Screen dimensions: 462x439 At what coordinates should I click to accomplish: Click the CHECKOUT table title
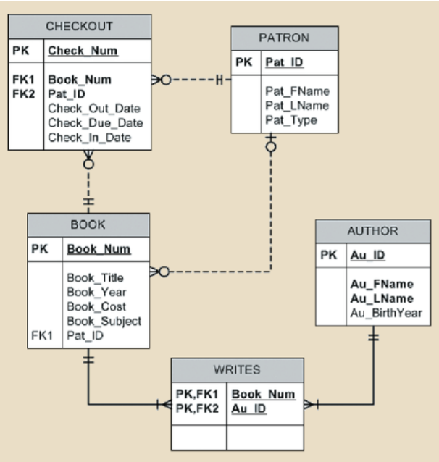(x=80, y=27)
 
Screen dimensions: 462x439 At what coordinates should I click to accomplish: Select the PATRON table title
(x=284, y=38)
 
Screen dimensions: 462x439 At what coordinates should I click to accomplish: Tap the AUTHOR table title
(x=372, y=231)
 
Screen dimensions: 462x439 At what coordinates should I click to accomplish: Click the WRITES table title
(x=237, y=369)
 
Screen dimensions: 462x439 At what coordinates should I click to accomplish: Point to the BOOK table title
(x=88, y=225)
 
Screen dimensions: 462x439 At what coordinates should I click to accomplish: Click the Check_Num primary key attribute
(x=83, y=51)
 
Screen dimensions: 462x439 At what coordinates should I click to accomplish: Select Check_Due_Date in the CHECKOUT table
(x=96, y=122)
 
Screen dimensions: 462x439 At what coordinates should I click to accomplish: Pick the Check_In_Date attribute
(x=90, y=137)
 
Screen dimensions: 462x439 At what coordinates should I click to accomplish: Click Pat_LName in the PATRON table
(x=297, y=106)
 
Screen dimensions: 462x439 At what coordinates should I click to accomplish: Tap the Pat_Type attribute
(x=291, y=120)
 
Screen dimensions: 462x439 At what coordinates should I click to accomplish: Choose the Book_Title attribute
(x=96, y=277)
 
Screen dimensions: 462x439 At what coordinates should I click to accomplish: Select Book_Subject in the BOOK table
(x=104, y=321)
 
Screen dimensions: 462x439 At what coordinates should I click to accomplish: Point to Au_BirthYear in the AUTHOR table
(x=386, y=313)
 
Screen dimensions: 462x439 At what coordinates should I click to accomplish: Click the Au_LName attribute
(x=381, y=298)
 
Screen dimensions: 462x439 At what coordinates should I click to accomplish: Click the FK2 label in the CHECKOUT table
(x=23, y=93)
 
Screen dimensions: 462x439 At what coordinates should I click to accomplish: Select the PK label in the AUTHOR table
(x=328, y=255)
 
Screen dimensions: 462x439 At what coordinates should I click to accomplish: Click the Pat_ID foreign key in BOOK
(x=85, y=335)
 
